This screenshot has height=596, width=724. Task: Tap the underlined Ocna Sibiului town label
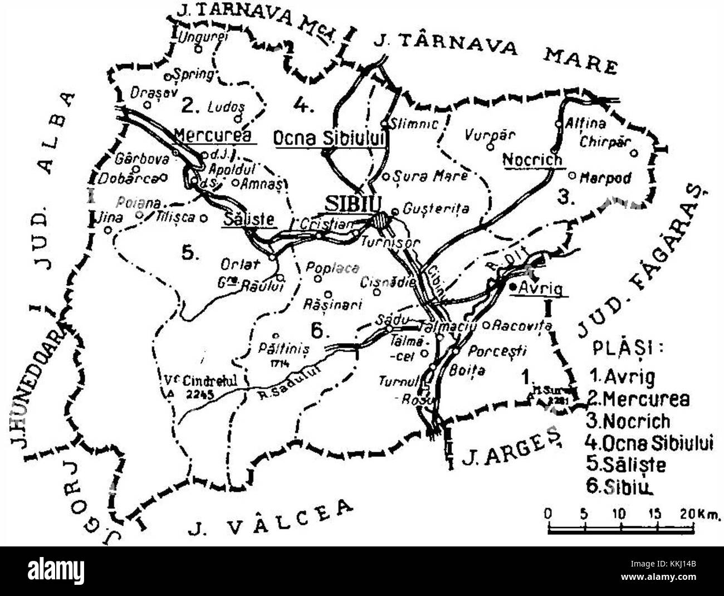pyautogui.click(x=329, y=138)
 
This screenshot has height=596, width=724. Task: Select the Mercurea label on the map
pyautogui.click(x=212, y=135)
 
